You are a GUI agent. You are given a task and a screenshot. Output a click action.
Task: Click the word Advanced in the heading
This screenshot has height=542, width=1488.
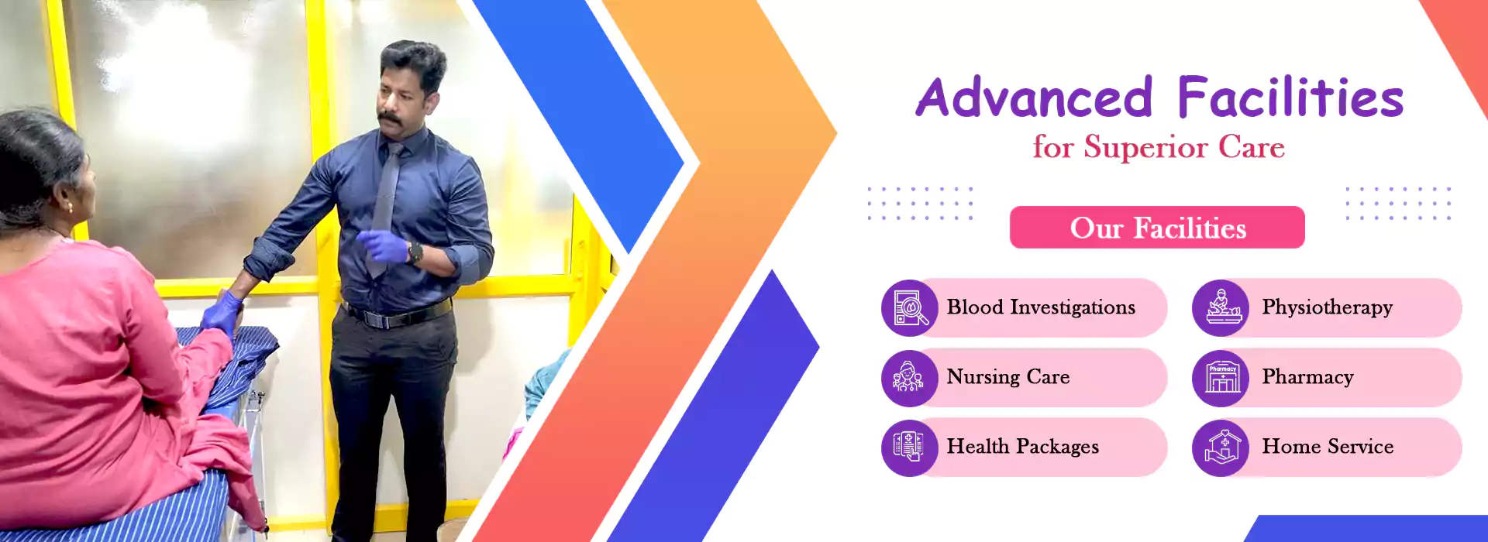(x=1035, y=98)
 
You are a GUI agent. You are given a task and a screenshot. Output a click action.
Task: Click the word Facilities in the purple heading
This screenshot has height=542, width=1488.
(x=1290, y=98)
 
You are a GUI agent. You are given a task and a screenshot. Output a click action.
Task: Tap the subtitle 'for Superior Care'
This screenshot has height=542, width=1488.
(x=1159, y=147)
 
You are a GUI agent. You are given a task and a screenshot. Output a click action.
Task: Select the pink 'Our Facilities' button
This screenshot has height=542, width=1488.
(x=1157, y=228)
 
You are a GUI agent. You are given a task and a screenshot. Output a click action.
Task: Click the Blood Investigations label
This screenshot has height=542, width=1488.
(x=1041, y=307)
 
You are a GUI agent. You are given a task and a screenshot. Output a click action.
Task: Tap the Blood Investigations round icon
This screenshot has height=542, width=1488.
(x=910, y=308)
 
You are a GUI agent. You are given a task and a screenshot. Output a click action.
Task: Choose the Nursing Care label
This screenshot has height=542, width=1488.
(x=1007, y=377)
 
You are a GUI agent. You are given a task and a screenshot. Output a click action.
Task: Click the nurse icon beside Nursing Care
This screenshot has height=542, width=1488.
(x=910, y=378)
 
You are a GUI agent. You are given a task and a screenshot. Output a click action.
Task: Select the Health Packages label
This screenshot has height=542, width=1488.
(x=1022, y=447)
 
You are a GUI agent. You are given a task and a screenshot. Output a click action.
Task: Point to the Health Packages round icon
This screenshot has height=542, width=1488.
(x=910, y=448)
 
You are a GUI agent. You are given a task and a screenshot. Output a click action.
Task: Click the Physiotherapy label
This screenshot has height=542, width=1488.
(x=1327, y=307)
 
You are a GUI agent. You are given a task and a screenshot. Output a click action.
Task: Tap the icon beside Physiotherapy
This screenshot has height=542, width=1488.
(x=1221, y=308)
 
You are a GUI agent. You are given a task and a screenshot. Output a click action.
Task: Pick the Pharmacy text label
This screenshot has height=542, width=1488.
(x=1307, y=377)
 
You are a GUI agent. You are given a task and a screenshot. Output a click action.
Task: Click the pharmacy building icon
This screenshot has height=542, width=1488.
(x=1221, y=378)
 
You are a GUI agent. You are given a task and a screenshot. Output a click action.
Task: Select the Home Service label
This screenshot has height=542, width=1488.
(x=1328, y=447)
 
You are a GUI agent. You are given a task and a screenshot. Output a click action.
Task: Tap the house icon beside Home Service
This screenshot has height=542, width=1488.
(x=1221, y=448)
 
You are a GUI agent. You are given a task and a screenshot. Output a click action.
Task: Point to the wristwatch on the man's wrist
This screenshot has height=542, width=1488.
(x=415, y=252)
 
